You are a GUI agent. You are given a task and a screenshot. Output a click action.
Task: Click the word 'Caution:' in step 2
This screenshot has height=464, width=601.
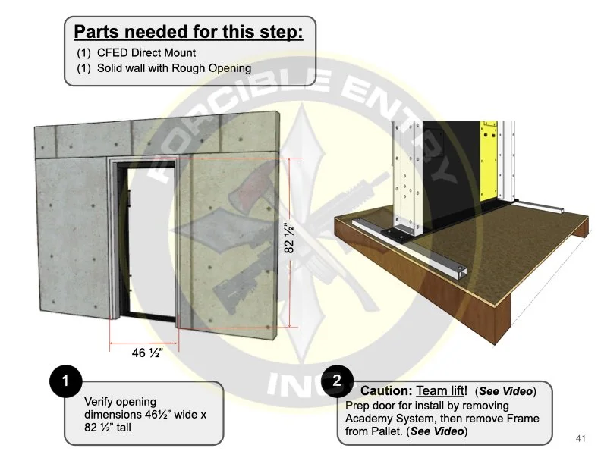pyautogui.click(x=386, y=391)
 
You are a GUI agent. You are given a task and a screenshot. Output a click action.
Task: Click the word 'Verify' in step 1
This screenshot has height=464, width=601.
pyautogui.click(x=100, y=401)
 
